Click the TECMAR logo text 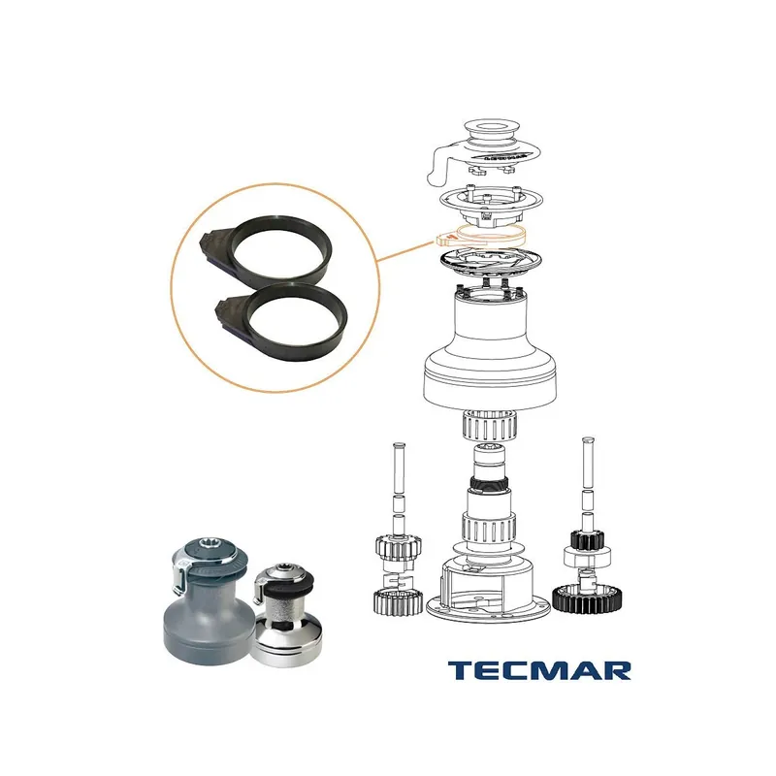[x=539, y=670]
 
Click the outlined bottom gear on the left [x=399, y=602]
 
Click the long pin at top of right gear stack [x=588, y=463]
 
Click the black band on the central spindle [x=489, y=483]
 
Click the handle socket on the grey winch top [x=209, y=545]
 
